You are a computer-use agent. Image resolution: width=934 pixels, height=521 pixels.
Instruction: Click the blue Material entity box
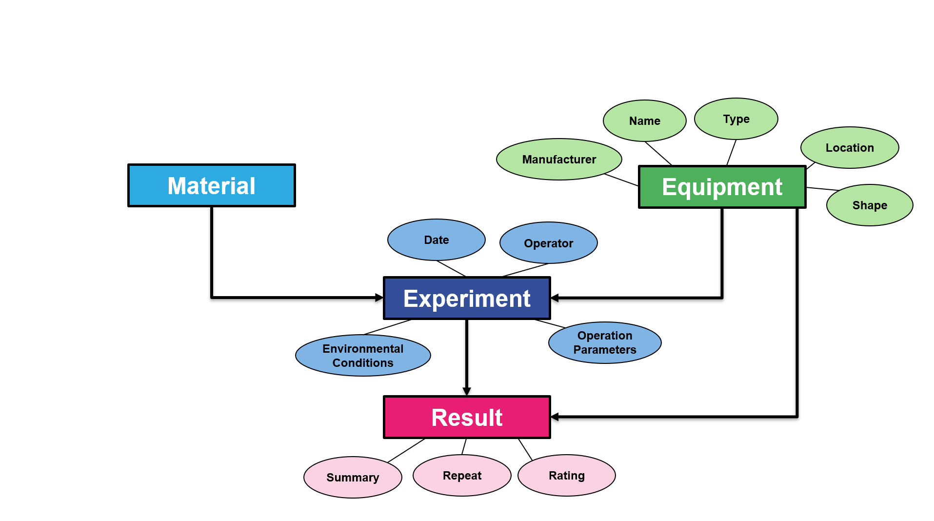(211, 185)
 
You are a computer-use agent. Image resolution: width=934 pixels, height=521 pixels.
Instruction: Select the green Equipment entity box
(722, 187)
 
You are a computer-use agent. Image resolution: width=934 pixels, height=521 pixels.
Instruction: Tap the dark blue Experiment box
(467, 298)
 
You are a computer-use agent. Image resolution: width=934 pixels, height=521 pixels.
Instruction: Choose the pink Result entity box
(467, 417)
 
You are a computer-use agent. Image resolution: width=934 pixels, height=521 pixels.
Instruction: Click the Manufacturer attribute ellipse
(559, 160)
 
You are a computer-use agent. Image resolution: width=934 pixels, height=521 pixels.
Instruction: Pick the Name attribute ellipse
(645, 121)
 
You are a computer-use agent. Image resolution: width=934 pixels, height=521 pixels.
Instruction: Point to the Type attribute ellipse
(736, 119)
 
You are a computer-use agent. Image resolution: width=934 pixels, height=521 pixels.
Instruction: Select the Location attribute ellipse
(850, 148)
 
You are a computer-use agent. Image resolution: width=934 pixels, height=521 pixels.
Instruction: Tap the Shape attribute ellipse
(870, 205)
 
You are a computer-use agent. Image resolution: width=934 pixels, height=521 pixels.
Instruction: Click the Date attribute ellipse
(437, 240)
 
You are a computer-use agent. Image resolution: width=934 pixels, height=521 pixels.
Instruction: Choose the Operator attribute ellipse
(549, 243)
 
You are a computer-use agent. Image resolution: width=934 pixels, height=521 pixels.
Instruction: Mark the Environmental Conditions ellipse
(363, 356)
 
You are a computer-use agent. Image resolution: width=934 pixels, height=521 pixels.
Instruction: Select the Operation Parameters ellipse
(605, 342)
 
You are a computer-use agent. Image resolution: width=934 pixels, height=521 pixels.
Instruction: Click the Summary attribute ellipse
(353, 478)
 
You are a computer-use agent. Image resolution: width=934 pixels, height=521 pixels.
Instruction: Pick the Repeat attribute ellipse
(462, 476)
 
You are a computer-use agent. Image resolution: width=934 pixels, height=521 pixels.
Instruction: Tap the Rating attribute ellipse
(567, 476)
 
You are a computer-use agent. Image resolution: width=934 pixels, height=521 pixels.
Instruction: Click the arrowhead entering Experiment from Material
(379, 298)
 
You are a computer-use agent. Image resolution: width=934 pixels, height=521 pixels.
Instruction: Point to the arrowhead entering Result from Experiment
(467, 391)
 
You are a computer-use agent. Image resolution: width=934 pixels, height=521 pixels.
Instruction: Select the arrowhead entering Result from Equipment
(555, 417)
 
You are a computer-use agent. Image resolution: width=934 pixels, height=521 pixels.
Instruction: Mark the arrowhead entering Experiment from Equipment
(555, 298)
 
